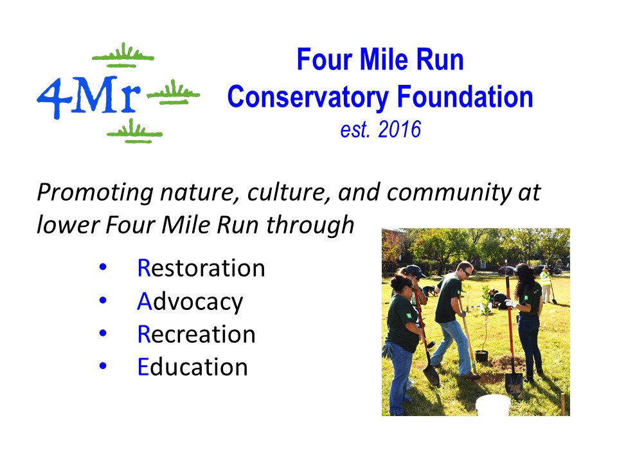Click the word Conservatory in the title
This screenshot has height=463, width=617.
[x=308, y=98]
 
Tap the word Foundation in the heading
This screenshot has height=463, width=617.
[x=465, y=96]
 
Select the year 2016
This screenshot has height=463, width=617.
[x=399, y=129]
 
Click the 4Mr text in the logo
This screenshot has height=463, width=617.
[x=89, y=97]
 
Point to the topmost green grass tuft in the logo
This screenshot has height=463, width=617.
[x=123, y=55]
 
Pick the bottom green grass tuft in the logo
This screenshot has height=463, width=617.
[x=134, y=131]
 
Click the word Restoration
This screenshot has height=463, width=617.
[x=201, y=268]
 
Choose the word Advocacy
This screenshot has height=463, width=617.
[x=190, y=302]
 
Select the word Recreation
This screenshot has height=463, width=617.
[x=197, y=334]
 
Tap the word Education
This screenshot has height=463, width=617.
[x=192, y=367]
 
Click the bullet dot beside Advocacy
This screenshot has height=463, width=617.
[x=103, y=300]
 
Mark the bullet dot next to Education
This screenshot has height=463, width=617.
[x=103, y=366]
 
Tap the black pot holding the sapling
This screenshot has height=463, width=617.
[x=481, y=356]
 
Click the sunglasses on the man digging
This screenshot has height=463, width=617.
[x=467, y=273]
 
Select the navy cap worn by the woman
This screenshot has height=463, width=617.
[x=415, y=271]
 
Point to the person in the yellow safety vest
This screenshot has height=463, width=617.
[x=546, y=285]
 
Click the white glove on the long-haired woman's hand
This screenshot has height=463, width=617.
[x=510, y=303]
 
